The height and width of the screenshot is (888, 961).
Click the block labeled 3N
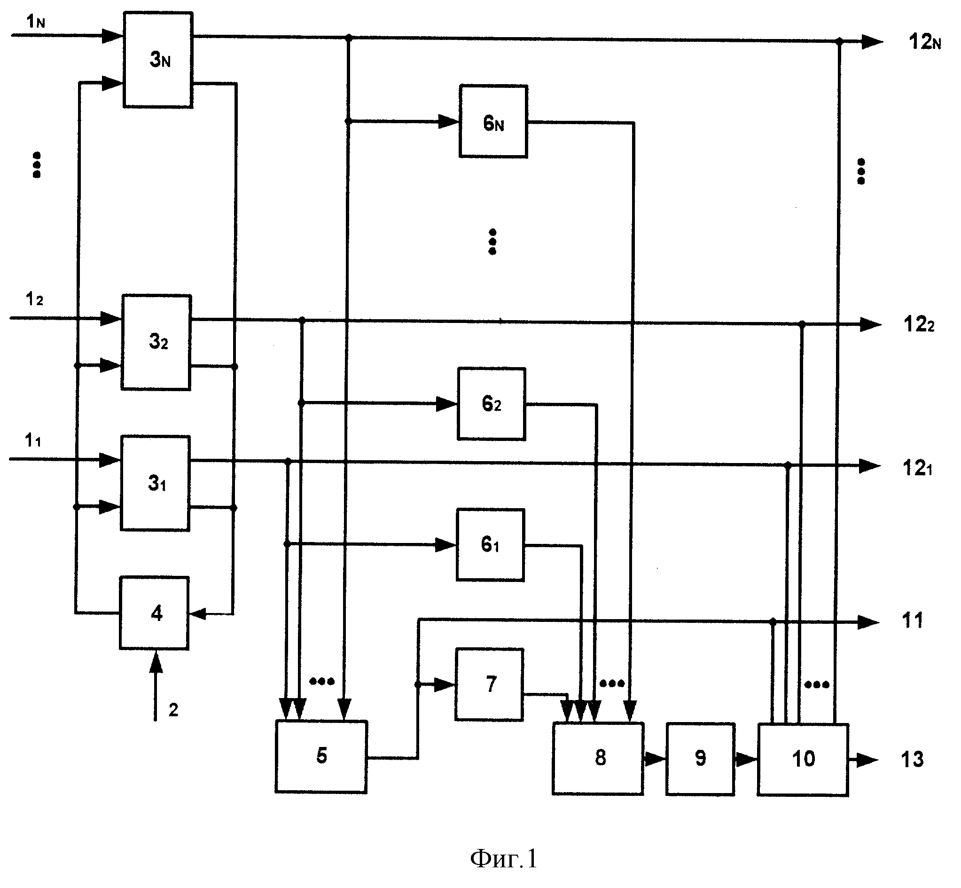[158, 60]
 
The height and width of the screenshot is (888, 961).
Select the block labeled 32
[156, 342]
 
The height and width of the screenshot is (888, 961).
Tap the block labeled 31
[155, 483]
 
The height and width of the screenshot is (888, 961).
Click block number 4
[154, 613]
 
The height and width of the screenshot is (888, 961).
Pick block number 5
[321, 756]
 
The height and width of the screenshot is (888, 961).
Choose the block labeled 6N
[493, 121]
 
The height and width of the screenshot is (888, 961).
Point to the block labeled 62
[491, 404]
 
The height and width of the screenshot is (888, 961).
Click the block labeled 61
[490, 545]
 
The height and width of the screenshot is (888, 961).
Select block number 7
[489, 684]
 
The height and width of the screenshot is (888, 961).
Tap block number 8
[598, 758]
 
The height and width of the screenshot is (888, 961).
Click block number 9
[700, 759]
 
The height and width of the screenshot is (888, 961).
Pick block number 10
[803, 759]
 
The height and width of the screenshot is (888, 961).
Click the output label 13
[912, 760]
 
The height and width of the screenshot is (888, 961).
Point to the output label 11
[913, 621]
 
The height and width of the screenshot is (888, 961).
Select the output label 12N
[924, 42]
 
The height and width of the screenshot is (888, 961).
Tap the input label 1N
[36, 22]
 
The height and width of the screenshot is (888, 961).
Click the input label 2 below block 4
[173, 710]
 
